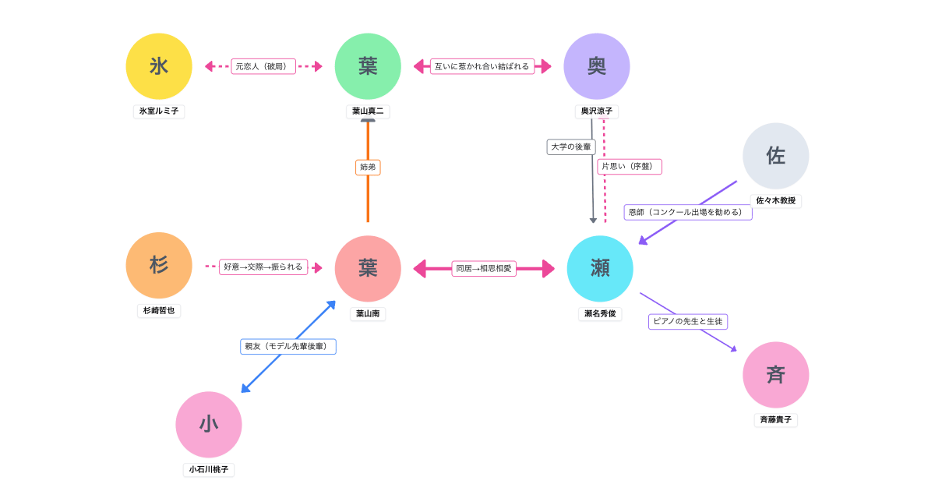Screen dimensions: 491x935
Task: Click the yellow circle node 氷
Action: coord(159,66)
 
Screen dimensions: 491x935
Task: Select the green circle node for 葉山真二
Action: coord(368,66)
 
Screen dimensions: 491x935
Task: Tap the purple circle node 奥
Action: coord(597,66)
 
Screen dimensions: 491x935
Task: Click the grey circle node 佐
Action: coord(775,156)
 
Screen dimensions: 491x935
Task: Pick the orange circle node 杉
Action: coord(159,265)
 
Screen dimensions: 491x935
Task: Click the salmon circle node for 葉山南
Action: coord(368,268)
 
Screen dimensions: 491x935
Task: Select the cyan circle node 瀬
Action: coord(600,268)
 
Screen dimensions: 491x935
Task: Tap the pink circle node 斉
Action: coord(775,375)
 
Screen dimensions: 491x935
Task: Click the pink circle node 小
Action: coord(209,424)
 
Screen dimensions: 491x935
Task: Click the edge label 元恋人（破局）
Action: coord(263,66)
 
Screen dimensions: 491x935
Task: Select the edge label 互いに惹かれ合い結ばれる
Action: coord(482,66)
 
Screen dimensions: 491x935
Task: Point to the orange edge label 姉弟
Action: coord(368,167)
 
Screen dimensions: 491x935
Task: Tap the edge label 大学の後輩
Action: coord(571,147)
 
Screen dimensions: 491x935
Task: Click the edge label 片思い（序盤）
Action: coord(630,166)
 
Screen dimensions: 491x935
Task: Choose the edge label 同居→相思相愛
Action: coord(484,268)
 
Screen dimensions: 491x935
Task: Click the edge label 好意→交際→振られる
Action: coord(263,267)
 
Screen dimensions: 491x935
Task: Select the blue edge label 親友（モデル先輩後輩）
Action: coord(288,346)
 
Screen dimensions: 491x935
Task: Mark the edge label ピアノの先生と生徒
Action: coord(688,321)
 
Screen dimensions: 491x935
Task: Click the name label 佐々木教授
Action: coord(776,200)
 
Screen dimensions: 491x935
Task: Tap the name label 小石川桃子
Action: coord(209,469)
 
